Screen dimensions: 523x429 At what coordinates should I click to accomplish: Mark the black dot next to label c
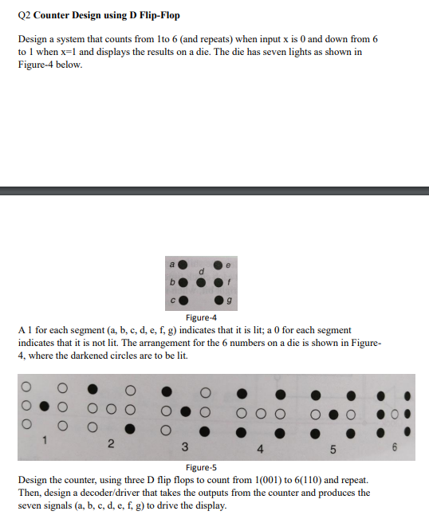pos(183,300)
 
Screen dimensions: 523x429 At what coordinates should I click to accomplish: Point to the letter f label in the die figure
pos(230,281)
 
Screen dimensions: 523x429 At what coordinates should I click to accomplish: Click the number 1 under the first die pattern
pos(46,438)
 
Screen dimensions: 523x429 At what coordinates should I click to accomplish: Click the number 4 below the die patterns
pos(258,448)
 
